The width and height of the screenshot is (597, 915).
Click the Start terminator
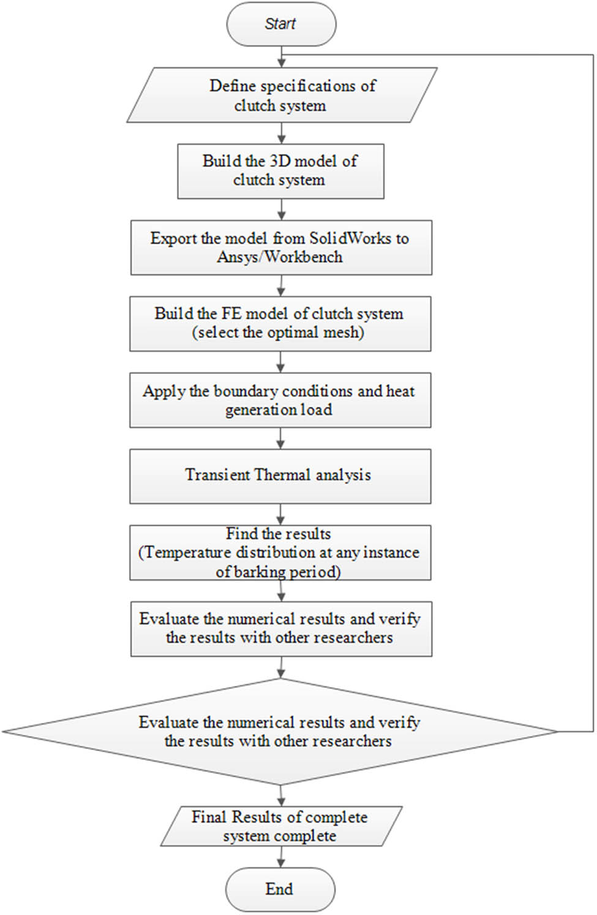coord(281,24)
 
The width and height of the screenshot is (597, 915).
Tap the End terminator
coord(280,889)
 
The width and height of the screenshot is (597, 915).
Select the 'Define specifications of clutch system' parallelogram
coord(282,95)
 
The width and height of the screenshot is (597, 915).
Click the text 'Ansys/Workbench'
coord(280,257)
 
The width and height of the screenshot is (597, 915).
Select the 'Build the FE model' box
coord(280,323)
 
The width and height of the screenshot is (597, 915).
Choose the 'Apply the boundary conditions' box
coord(280,400)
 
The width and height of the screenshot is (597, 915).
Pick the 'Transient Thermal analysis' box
coord(280,476)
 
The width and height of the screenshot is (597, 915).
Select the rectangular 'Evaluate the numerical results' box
coord(281,629)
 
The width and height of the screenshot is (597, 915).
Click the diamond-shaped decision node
coord(280,731)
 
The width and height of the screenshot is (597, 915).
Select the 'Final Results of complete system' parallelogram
coord(281,826)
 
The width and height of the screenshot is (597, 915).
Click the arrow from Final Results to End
coord(280,857)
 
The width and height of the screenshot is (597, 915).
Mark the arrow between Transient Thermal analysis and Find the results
coord(280,514)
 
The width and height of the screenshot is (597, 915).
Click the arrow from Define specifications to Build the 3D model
coord(281,133)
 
